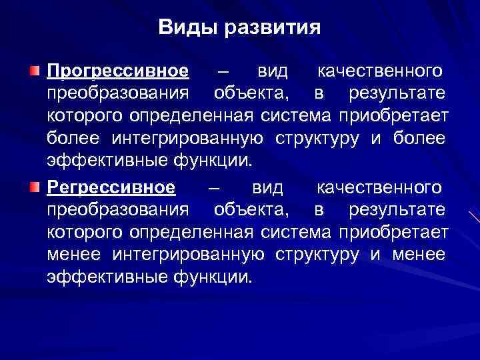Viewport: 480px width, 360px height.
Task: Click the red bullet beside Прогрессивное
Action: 35,71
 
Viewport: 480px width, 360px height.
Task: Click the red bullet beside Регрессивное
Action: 35,186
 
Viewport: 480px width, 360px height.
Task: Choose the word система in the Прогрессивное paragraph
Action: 297,117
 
